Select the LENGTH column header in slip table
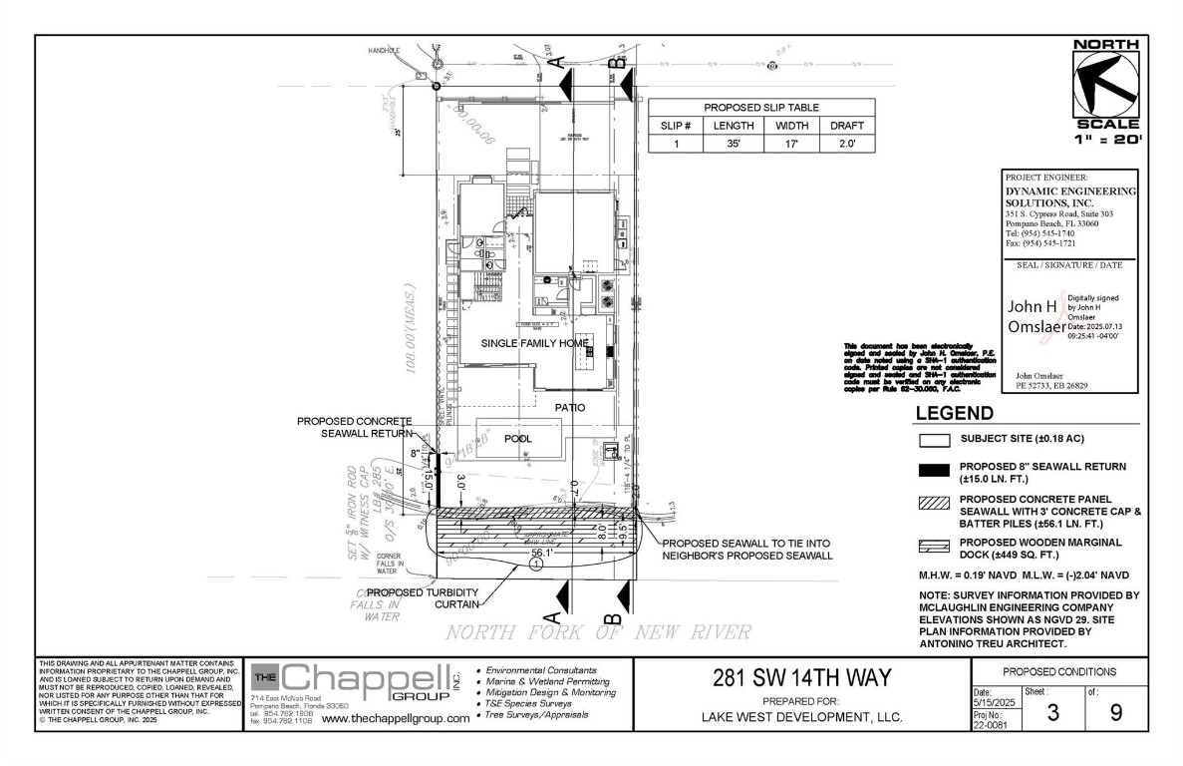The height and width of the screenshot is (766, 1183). coord(734,126)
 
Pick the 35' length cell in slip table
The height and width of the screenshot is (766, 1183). coord(734,144)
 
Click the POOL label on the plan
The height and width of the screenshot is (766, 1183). coord(518,438)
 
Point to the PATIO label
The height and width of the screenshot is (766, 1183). coord(570,407)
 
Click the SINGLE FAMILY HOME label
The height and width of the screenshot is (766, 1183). coord(534,343)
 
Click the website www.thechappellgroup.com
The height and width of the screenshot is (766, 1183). coord(396,718)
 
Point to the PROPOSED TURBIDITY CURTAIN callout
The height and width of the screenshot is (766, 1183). coord(421,597)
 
